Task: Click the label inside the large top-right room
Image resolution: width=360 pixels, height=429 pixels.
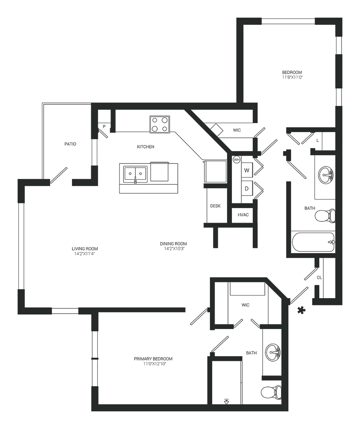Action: [293, 75]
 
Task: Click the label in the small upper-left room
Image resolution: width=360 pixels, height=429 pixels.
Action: [70, 144]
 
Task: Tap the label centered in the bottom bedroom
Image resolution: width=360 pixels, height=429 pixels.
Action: [154, 361]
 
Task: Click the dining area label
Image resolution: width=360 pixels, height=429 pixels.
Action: [173, 245]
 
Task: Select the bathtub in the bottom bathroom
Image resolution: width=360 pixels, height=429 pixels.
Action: [224, 380]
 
